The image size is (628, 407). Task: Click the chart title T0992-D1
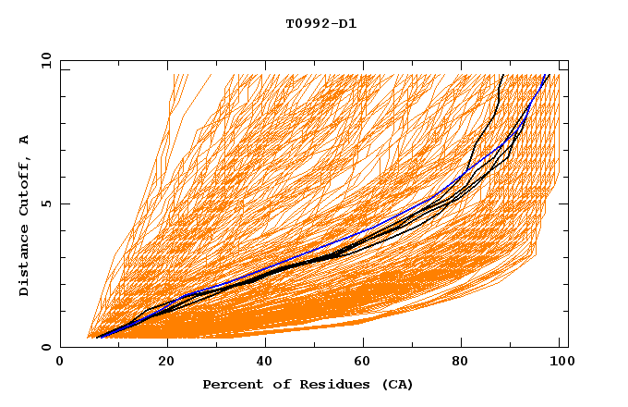[x=320, y=24]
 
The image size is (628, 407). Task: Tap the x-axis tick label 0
[x=60, y=362]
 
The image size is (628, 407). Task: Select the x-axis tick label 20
[x=167, y=362]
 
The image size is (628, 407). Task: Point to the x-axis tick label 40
[x=267, y=362]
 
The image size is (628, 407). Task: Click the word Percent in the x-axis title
[x=229, y=384]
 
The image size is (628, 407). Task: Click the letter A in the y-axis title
[x=24, y=140]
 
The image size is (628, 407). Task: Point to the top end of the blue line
[x=549, y=75]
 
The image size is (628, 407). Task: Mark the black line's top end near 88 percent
[x=501, y=75]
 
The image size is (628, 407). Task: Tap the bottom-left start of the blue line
[x=96, y=338]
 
